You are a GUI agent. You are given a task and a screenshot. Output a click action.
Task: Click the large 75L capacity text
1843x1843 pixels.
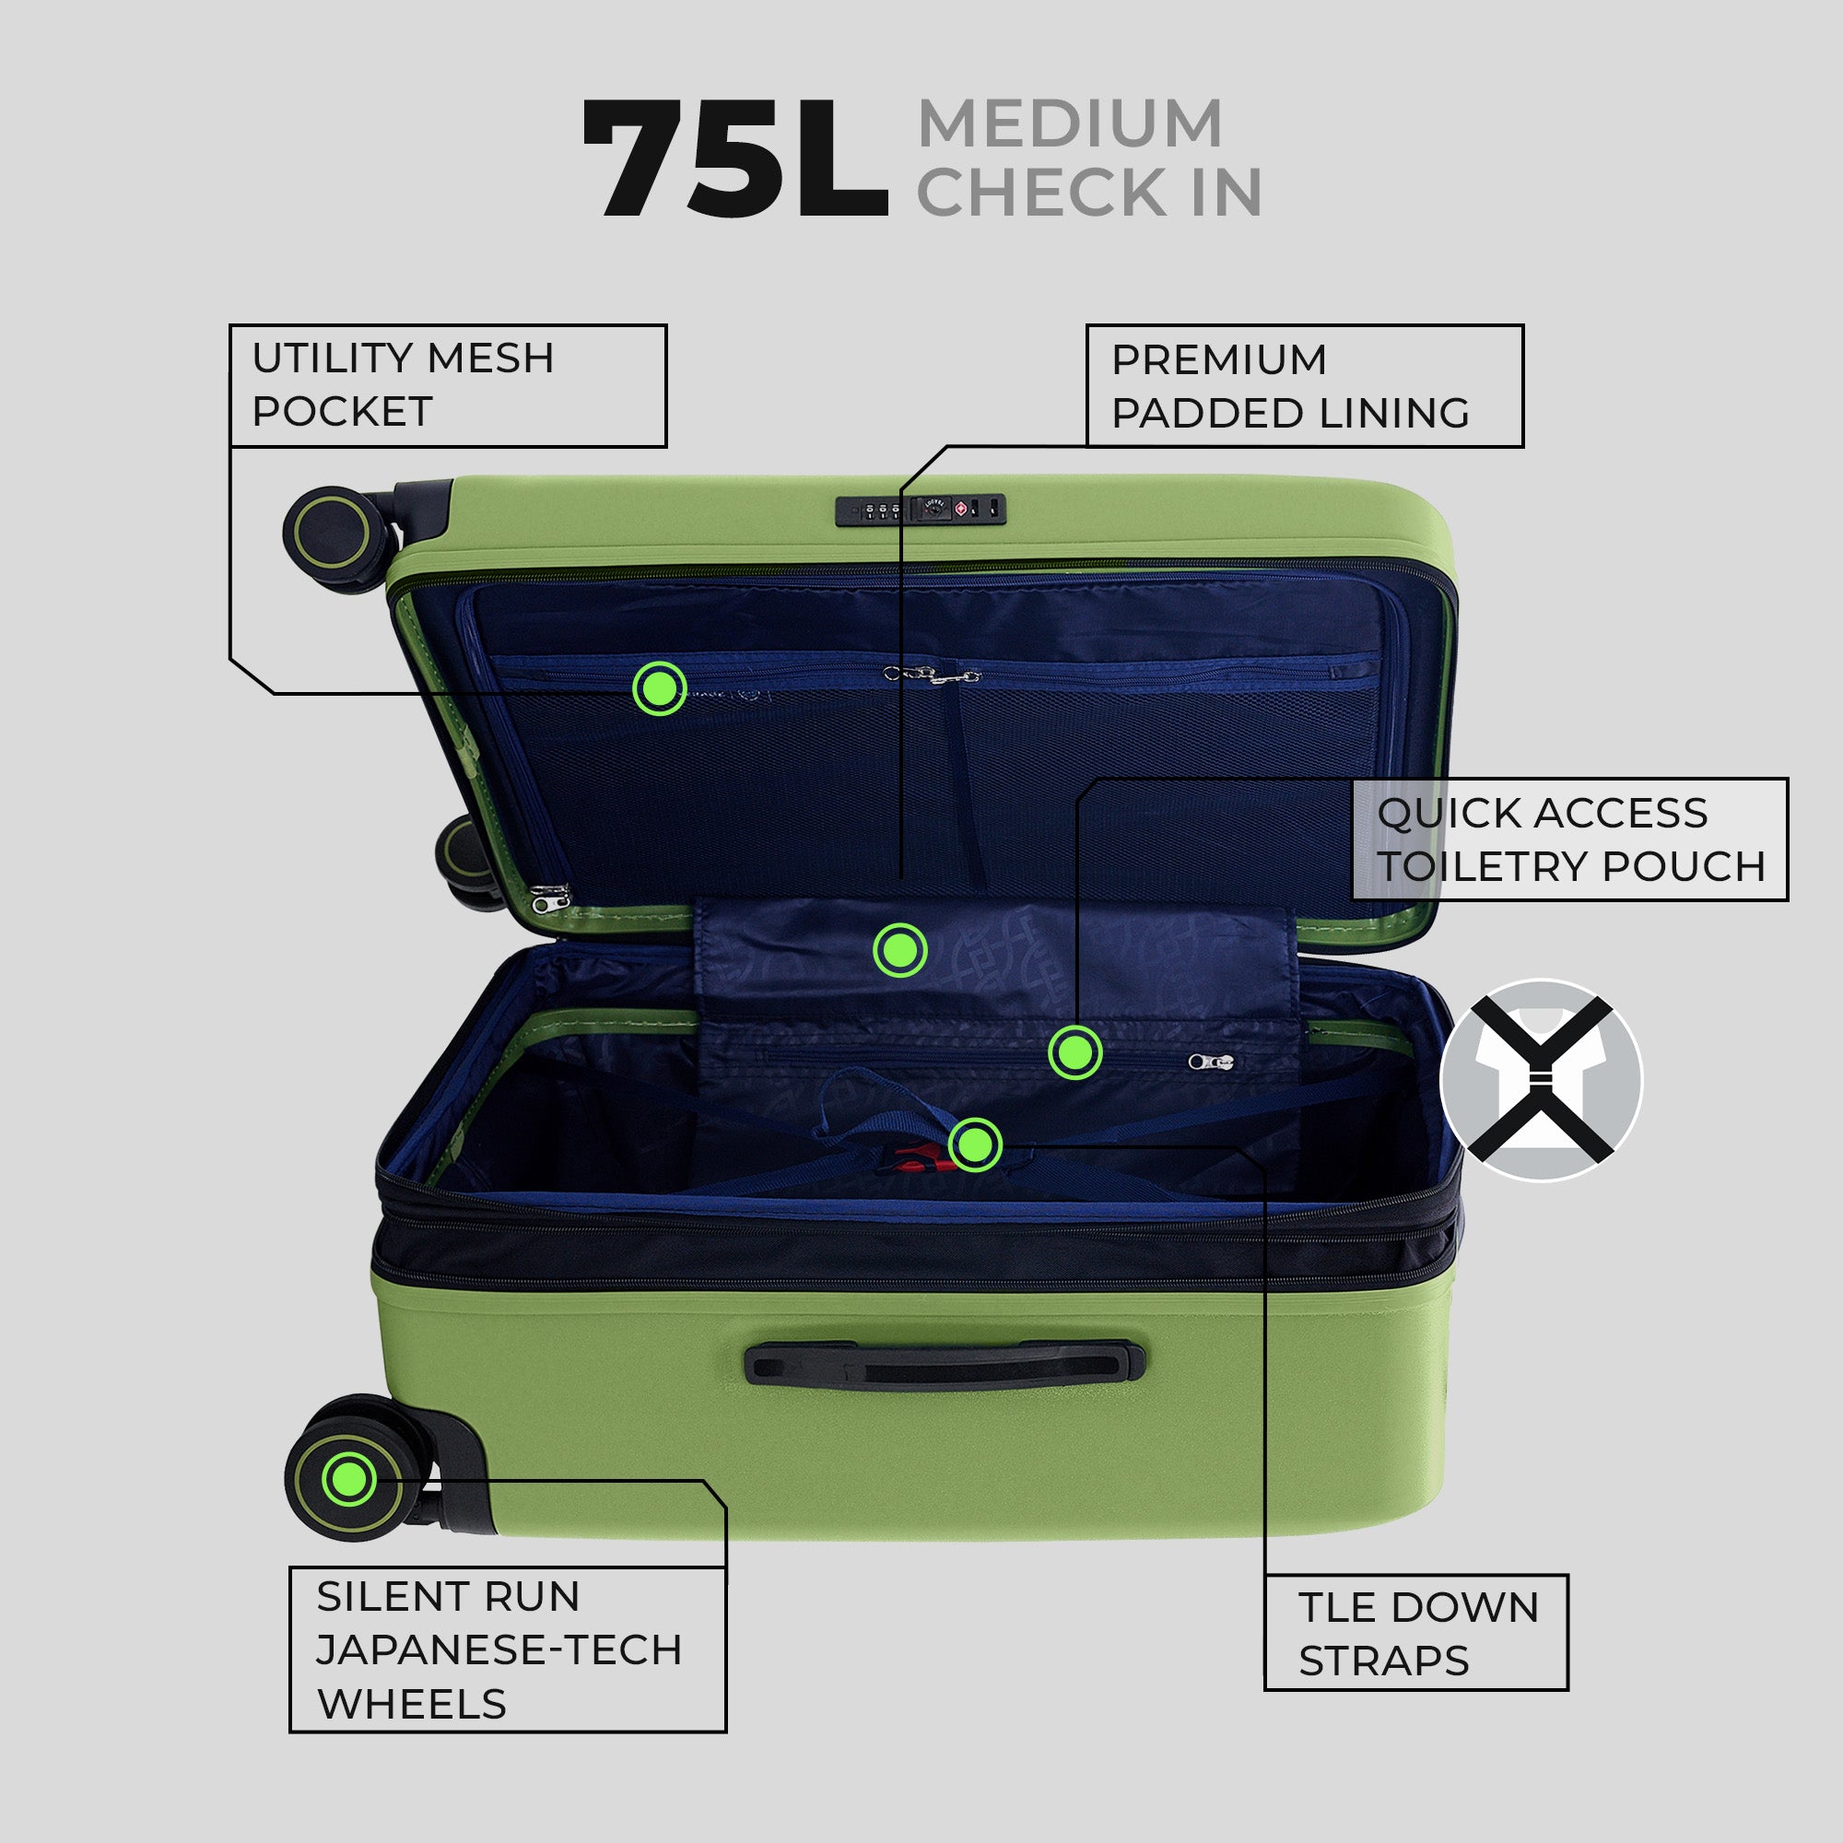(x=735, y=159)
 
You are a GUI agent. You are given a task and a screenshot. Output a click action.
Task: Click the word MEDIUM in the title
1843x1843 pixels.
(x=1069, y=124)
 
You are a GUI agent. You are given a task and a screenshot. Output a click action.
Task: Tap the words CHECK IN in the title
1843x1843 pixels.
(x=1089, y=193)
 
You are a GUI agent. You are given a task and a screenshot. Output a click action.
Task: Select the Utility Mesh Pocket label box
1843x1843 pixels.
(x=448, y=385)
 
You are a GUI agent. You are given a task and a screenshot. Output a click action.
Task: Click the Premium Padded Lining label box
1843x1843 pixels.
(x=1304, y=385)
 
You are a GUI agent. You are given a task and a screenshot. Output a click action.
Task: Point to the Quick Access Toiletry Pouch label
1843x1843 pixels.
(x=1569, y=839)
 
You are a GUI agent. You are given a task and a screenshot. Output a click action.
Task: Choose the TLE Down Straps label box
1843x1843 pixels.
(x=1415, y=1632)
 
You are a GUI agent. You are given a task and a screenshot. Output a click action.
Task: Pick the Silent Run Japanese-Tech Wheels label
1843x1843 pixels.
(x=508, y=1649)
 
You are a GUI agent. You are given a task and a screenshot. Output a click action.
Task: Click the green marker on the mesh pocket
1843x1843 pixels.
(x=659, y=687)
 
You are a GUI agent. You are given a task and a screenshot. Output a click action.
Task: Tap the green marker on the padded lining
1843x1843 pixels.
(x=899, y=950)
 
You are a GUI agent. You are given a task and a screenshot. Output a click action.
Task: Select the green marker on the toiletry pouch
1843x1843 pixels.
(x=1075, y=1053)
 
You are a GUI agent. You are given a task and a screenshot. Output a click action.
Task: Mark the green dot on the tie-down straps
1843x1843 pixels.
(x=975, y=1145)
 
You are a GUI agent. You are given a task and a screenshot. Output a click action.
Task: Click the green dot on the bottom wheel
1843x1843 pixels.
(x=349, y=1479)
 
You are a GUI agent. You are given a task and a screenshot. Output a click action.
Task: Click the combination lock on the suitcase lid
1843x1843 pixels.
(x=921, y=511)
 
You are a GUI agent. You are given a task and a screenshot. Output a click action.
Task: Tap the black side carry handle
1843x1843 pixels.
(x=945, y=1363)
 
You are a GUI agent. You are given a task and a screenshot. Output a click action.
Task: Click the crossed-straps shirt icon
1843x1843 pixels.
(x=1541, y=1081)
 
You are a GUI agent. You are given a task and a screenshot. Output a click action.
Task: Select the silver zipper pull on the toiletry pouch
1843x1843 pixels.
(x=1211, y=1062)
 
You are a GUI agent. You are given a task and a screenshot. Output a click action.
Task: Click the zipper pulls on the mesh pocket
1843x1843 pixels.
(x=932, y=675)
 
